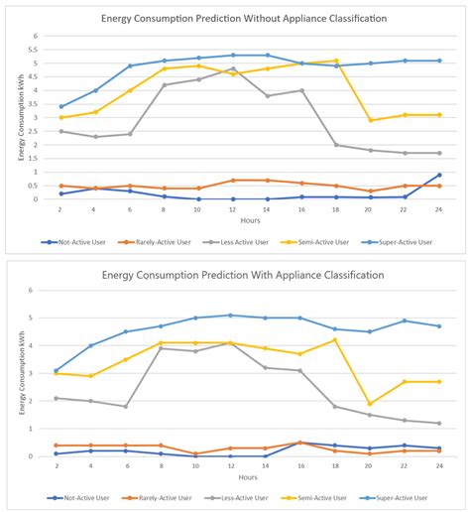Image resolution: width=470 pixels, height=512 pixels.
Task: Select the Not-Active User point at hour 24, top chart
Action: tap(438, 175)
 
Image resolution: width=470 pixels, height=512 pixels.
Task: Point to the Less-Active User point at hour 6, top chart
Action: tap(130, 134)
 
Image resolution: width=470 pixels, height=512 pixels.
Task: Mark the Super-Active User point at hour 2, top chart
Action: tap(61, 106)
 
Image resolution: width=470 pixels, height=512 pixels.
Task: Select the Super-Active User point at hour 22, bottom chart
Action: tap(405, 320)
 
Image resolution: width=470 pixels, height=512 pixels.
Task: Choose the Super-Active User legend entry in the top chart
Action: tap(399, 241)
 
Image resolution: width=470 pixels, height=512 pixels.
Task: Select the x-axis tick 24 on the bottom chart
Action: tap(438, 466)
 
